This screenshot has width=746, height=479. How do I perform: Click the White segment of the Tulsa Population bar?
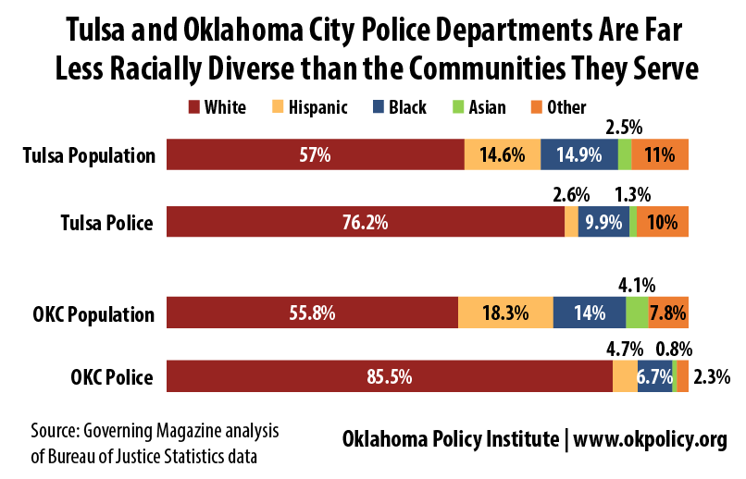(315, 154)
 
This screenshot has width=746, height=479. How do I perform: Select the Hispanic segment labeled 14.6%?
(502, 154)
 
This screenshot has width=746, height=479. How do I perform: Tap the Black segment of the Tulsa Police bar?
(603, 222)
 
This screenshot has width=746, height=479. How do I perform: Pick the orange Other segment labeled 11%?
(661, 154)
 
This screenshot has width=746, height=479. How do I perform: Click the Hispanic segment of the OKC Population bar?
(505, 313)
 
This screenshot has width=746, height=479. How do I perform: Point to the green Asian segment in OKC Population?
(637, 313)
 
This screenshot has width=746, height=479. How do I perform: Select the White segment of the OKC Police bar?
(389, 376)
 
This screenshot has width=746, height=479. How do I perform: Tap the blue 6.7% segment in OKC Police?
(654, 376)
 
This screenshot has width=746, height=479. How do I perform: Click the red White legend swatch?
(194, 107)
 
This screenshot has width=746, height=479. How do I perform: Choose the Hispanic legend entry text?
(317, 107)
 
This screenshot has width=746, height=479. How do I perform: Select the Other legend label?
(566, 107)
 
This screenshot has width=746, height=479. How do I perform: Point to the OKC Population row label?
(87, 313)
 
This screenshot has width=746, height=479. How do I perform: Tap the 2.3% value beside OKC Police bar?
(712, 376)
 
